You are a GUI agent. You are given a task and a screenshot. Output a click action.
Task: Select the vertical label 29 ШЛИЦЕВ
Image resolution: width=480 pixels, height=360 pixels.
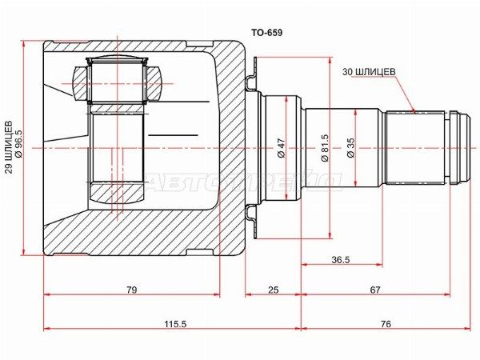[x=10, y=147]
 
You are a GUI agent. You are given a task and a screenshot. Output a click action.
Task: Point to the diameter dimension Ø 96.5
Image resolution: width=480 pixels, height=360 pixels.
[x=18, y=147]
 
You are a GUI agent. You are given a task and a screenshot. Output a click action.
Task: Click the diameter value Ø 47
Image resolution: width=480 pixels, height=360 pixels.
[x=281, y=149]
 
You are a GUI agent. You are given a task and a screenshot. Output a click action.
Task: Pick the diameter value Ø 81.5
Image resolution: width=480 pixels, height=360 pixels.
[x=324, y=148]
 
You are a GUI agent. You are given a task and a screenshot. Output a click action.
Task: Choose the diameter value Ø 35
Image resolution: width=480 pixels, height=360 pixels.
[x=350, y=149]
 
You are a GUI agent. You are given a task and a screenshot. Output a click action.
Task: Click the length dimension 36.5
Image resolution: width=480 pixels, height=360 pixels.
[x=342, y=259]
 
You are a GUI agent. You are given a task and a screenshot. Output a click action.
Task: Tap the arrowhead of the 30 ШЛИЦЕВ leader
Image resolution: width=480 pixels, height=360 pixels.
[x=414, y=109]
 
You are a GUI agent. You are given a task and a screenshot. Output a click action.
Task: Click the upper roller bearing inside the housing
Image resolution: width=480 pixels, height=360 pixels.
[x=119, y=81]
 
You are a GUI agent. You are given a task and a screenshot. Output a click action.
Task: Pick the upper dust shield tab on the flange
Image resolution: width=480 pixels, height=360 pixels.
[x=251, y=82]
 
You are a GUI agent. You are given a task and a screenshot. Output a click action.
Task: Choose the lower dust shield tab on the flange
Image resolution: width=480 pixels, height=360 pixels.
[x=251, y=214]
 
